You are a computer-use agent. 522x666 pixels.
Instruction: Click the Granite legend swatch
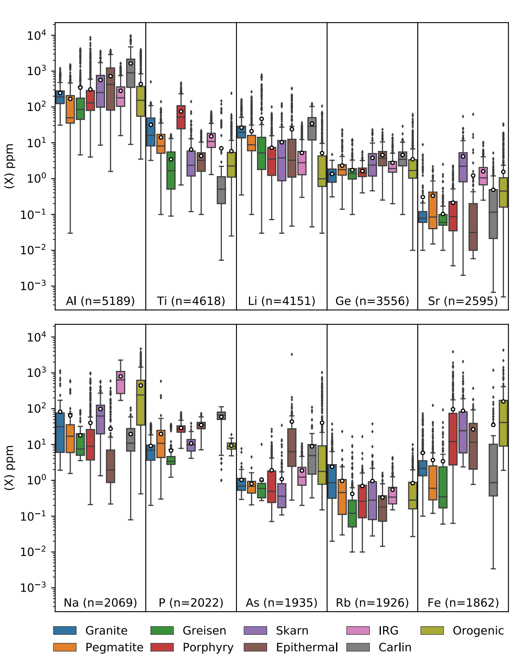click(65, 630)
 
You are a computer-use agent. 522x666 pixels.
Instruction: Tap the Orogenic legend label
click(478, 630)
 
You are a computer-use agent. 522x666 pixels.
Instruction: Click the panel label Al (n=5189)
click(100, 301)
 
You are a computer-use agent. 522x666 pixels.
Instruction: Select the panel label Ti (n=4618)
click(191, 301)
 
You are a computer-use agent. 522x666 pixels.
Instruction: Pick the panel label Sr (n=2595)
click(463, 301)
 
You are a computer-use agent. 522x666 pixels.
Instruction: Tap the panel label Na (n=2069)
click(100, 603)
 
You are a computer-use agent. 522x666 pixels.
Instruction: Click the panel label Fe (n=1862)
click(463, 603)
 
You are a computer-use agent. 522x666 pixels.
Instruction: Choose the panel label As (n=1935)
click(281, 603)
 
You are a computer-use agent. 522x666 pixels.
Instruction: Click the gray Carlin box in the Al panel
click(130, 73)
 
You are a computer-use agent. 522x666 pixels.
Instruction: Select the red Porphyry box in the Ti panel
click(181, 117)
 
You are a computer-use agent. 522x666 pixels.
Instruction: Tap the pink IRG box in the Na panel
click(121, 382)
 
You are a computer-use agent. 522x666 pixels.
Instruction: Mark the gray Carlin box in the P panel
click(221, 416)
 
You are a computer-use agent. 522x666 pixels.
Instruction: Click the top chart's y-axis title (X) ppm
click(9, 166)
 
